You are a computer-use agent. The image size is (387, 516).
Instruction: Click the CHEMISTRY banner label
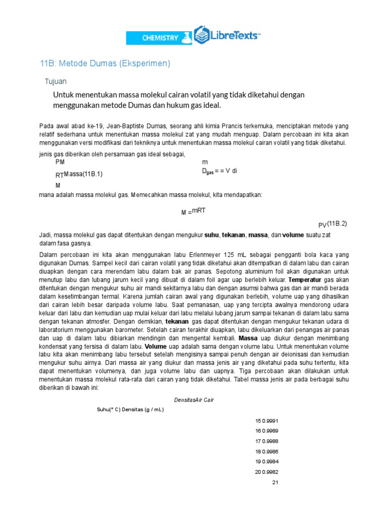[160, 38]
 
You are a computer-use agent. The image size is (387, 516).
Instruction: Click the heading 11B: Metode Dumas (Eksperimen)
[105, 63]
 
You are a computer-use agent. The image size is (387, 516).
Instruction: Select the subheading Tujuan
[56, 81]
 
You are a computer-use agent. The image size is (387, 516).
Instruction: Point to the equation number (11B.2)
[337, 223]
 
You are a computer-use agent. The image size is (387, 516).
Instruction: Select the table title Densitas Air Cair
[194, 400]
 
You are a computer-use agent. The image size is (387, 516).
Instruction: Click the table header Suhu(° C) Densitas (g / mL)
[130, 410]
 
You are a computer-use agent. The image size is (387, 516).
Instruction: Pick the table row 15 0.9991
[267, 421]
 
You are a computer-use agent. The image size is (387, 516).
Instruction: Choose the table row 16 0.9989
[267, 431]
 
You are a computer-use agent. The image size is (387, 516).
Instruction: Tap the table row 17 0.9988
[267, 441]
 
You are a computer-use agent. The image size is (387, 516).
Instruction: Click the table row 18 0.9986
[267, 451]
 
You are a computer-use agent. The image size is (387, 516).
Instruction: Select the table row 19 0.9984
[267, 462]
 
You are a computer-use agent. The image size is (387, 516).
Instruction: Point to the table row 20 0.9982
[267, 472]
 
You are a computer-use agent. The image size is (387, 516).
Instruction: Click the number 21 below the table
[275, 482]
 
